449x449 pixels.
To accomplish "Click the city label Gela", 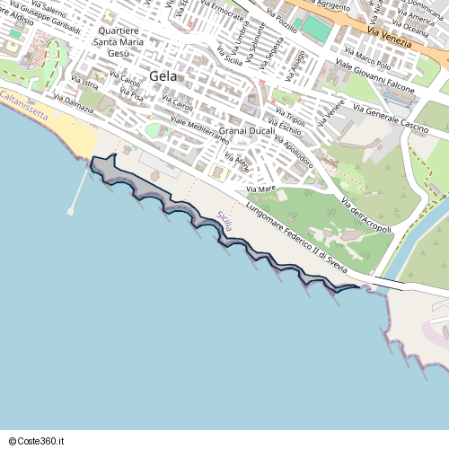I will click(x=164, y=75).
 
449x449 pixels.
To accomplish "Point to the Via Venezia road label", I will click(x=390, y=37).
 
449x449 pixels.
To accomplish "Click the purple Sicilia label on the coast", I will click(x=224, y=221).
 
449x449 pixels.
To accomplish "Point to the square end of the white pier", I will click(x=71, y=211).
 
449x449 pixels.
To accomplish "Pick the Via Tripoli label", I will click(x=290, y=118).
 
